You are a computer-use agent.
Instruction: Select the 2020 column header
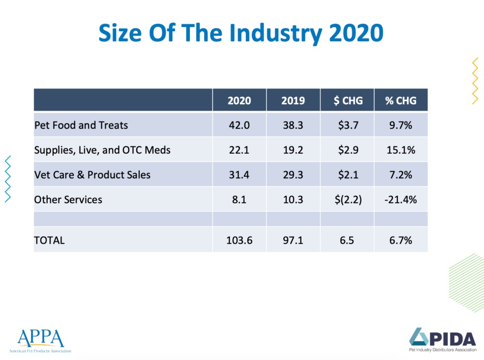pos(239,100)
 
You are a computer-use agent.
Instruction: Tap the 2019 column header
pos(293,100)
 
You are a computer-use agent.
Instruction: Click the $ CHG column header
pos(347,100)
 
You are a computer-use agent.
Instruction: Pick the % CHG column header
pos(401,100)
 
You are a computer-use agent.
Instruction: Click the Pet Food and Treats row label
pos(81,125)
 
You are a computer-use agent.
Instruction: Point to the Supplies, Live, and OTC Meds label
pos(102,150)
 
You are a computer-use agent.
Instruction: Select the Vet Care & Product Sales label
pos(92,175)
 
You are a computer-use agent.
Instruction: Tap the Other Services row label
pos(68,200)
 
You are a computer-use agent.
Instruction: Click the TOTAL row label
pos(49,240)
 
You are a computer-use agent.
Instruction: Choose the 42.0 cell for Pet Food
pos(239,125)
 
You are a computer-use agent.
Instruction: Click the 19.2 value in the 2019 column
pos(293,150)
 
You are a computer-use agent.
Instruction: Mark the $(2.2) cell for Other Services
pos(347,200)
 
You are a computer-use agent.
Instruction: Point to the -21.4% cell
pos(401,200)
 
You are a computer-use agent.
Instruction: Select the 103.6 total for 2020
pos(239,240)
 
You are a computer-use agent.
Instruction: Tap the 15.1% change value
pos(401,150)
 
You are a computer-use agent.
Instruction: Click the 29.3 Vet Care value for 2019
pos(293,175)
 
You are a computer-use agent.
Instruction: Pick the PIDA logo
pos(442,339)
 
